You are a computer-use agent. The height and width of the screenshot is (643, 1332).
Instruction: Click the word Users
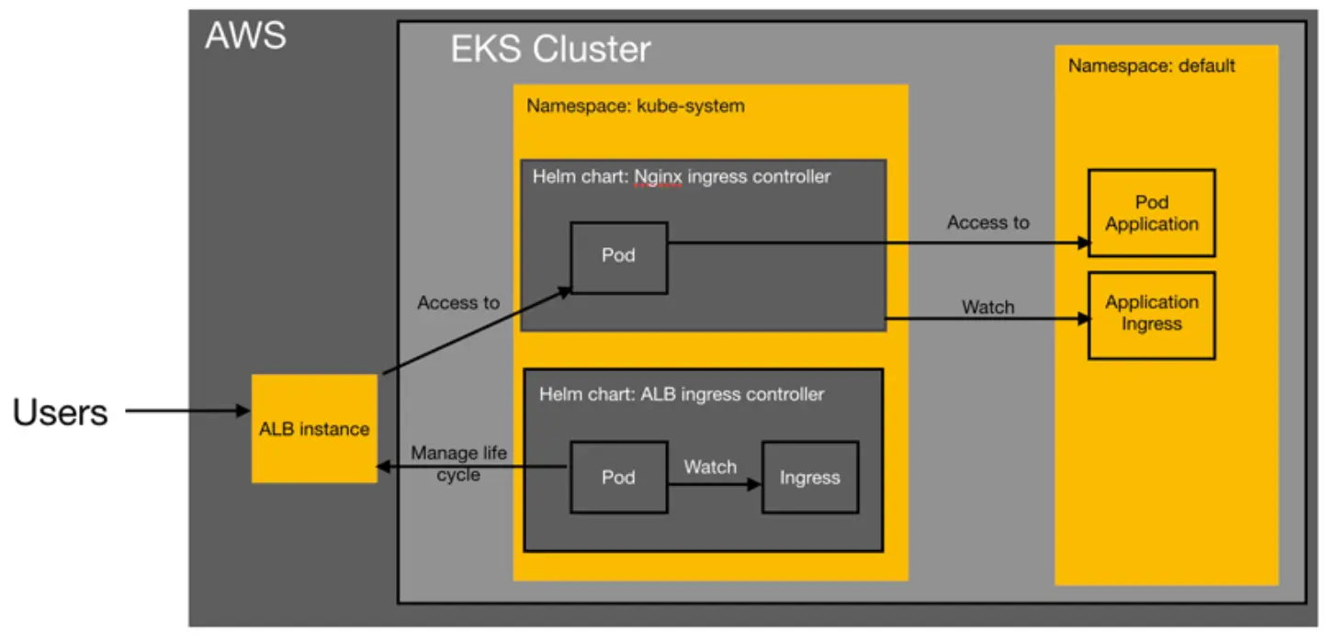(x=61, y=413)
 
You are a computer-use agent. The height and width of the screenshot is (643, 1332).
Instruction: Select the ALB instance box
(x=314, y=428)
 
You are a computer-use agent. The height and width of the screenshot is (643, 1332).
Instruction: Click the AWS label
(x=245, y=37)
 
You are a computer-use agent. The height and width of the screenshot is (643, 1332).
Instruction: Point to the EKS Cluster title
(x=550, y=50)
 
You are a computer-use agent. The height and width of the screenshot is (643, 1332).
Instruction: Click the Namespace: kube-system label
(x=635, y=107)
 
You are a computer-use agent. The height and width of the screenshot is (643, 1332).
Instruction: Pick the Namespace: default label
(x=1151, y=66)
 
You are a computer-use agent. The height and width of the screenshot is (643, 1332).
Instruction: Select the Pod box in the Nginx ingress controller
(x=619, y=257)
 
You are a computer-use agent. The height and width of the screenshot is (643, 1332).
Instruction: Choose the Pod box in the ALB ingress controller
(x=618, y=477)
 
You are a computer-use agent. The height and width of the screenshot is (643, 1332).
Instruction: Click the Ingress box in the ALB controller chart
(x=809, y=477)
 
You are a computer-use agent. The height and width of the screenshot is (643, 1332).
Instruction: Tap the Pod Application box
(x=1151, y=213)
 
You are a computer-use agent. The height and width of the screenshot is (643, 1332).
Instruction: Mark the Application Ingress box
(x=1151, y=314)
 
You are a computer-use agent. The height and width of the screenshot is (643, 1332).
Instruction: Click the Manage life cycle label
(x=458, y=464)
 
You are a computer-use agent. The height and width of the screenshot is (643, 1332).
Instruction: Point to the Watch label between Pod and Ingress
(x=710, y=467)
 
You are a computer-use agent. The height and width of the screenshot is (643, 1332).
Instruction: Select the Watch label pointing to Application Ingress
(x=988, y=307)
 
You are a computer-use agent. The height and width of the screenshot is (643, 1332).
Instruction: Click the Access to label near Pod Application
(x=988, y=222)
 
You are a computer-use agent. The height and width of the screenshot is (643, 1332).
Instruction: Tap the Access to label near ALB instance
(x=458, y=302)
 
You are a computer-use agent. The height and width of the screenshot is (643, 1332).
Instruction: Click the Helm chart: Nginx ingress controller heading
(x=681, y=175)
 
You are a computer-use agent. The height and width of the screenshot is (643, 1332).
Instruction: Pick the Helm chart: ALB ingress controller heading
(x=681, y=395)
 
